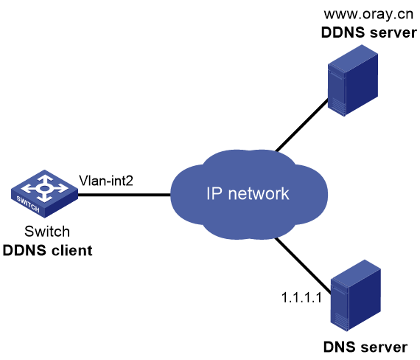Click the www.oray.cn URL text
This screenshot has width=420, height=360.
pos(368,14)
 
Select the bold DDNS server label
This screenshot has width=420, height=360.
pos(369,32)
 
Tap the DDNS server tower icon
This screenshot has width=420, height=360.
pos(353,80)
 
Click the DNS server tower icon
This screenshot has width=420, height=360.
pos(356,295)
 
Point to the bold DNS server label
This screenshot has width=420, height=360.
pos(365,347)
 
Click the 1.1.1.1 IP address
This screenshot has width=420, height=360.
pos(301,297)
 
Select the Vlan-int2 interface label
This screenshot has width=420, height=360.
pos(106,181)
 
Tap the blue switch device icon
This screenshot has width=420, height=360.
pos(44,193)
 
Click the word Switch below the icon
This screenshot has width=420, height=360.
pos(47,232)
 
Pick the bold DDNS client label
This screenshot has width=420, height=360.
pos(47,251)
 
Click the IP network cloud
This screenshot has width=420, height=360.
pos(249,195)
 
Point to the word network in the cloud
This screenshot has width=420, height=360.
pos(259,193)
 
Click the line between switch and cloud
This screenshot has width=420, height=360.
pos(125,195)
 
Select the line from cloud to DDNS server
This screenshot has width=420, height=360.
pos(302,125)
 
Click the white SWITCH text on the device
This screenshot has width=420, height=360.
pos(28,204)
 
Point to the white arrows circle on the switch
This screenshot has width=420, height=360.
pos(44,188)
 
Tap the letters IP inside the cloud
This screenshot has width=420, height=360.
pos(214,193)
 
